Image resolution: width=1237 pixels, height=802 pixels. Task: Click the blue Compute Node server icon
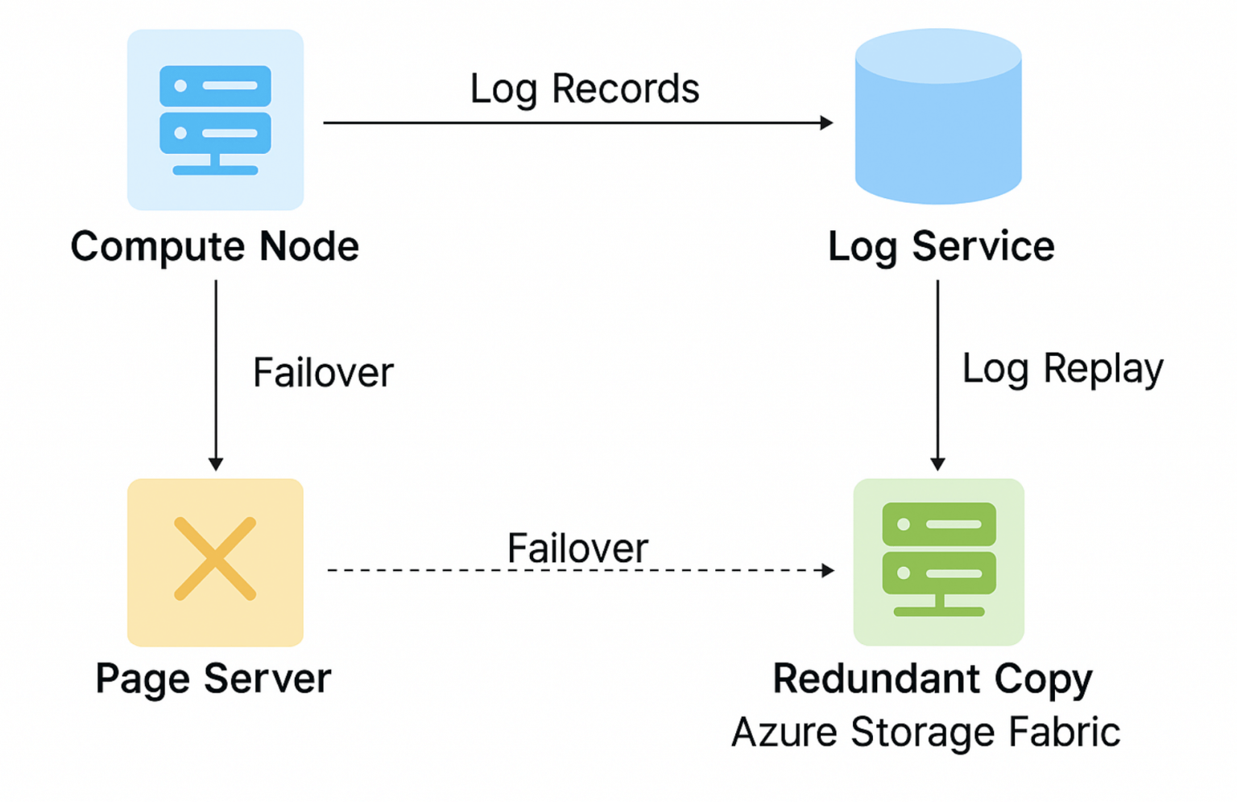215,120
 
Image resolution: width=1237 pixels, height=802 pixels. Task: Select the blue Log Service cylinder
938,117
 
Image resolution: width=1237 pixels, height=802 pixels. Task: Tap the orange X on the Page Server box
215,559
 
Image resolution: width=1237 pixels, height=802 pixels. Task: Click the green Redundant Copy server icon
939,560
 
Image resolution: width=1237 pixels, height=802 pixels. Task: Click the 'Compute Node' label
214,246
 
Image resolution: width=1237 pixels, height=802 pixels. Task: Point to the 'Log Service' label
941,246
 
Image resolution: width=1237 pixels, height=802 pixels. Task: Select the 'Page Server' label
213,679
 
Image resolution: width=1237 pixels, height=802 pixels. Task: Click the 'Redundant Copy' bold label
933,679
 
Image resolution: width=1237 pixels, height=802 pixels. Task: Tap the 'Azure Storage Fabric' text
925,733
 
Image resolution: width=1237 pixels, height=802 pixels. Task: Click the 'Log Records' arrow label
585,89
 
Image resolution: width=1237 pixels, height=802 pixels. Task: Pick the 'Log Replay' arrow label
1062,370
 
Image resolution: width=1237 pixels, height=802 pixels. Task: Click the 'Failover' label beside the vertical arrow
323,373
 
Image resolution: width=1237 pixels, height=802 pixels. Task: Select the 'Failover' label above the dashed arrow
577,548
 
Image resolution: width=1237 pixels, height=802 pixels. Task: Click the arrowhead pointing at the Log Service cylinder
826,123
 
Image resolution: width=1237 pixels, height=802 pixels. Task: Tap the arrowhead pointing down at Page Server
216,464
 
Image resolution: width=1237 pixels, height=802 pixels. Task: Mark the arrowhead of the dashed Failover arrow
828,570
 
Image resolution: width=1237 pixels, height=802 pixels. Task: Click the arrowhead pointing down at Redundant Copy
937,464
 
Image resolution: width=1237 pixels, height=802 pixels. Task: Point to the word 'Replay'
1103,370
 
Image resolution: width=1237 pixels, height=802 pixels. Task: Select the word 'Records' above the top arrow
625,89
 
